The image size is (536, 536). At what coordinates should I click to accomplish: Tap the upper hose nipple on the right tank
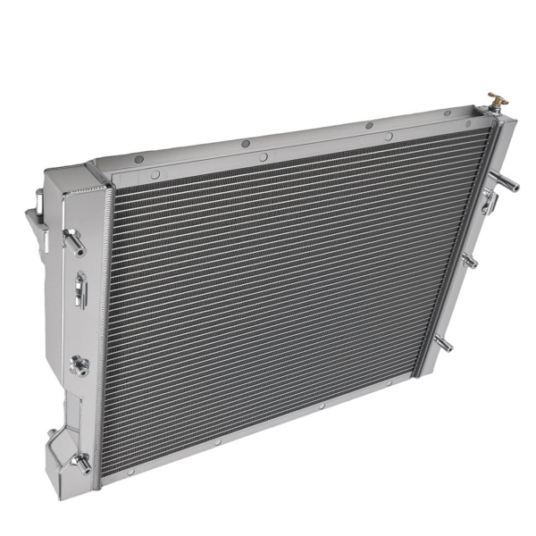click(x=507, y=181)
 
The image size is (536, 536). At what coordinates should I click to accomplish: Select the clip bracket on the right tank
click(x=489, y=202)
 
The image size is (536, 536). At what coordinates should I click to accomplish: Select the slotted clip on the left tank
click(x=80, y=289)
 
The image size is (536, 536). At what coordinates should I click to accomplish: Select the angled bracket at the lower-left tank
click(x=55, y=438)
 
